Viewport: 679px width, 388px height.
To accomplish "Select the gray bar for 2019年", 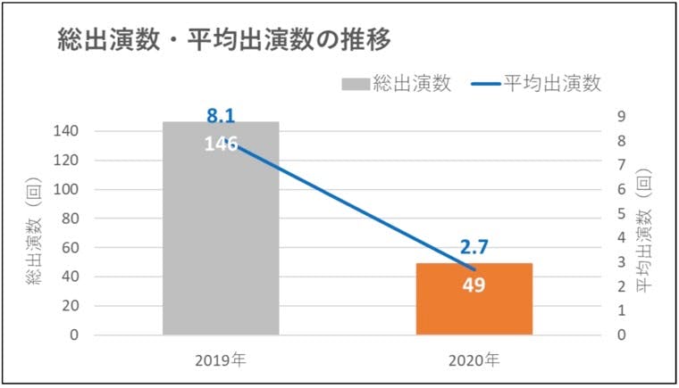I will (221, 241).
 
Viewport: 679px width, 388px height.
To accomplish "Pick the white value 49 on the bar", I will (474, 287).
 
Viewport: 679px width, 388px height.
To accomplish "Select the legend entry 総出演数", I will (411, 84).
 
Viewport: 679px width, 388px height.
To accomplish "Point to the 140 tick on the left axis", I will (69, 131).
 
